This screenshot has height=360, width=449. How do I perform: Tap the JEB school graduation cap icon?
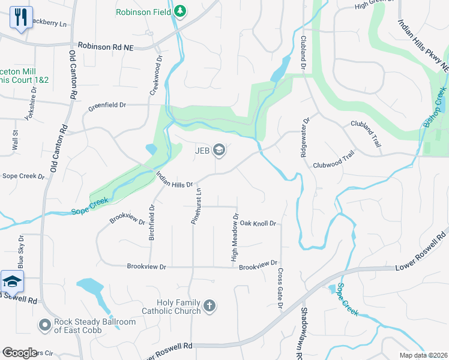pyautogui.click(x=219, y=150)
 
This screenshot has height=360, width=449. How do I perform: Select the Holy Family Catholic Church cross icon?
pyautogui.click(x=209, y=307)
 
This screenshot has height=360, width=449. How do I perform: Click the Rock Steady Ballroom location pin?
pyautogui.click(x=44, y=325)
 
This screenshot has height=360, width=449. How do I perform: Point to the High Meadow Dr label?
pyautogui.click(x=235, y=238)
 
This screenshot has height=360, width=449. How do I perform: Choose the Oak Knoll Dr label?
pyautogui.click(x=258, y=223)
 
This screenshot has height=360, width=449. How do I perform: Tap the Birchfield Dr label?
pyautogui.click(x=152, y=223)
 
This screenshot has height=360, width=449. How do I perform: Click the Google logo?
pyautogui.click(x=20, y=353)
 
